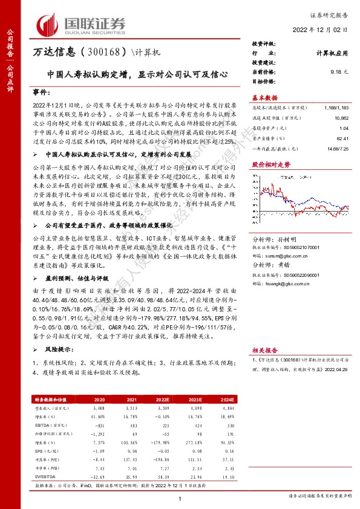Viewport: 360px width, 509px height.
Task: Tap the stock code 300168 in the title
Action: [x=103, y=53]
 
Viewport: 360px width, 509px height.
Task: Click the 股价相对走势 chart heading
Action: [x=268, y=164]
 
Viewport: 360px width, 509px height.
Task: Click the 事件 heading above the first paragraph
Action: [x=39, y=95]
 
